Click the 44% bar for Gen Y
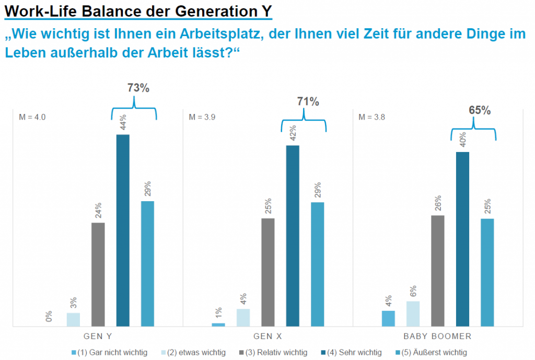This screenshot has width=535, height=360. click(123, 230)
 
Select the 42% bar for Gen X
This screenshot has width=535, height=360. click(293, 236)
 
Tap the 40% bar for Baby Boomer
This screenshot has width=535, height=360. click(462, 239)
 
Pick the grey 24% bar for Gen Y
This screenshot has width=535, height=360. click(98, 274)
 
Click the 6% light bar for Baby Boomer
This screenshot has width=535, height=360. click(413, 313)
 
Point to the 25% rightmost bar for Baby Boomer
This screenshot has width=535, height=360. click(487, 272)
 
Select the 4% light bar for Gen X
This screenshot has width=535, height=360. click(243, 317)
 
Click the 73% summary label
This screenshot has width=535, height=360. click(138, 88)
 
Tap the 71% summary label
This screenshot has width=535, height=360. click(308, 101)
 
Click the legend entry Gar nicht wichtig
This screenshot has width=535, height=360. click(112, 353)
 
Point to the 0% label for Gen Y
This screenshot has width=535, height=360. click(49, 316)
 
